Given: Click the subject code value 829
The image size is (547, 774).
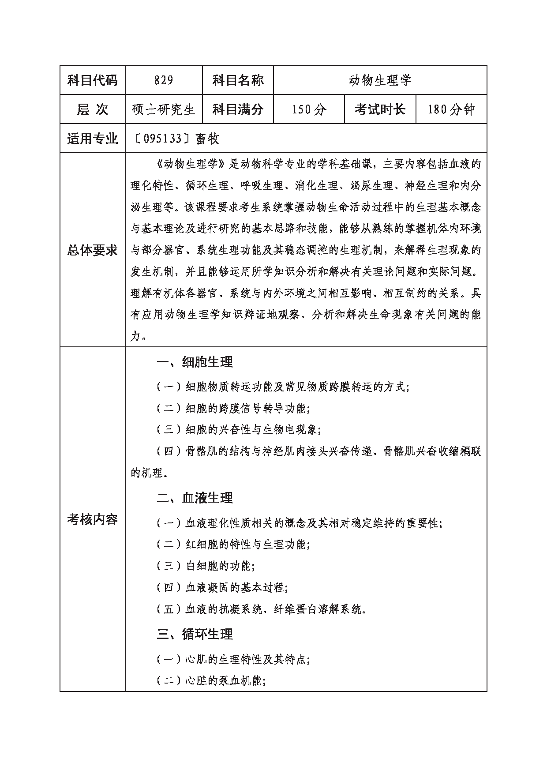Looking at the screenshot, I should (x=164, y=80).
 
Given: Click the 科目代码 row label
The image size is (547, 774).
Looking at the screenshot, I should (x=93, y=80).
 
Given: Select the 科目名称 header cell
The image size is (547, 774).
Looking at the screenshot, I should (x=238, y=80).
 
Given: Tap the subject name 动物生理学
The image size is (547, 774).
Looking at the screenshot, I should (x=380, y=80).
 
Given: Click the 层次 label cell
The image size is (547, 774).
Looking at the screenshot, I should (x=93, y=109).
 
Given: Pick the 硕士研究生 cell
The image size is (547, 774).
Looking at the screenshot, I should (x=164, y=109).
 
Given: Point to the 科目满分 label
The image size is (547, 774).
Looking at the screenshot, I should (x=238, y=109).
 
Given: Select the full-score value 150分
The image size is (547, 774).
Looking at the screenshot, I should (x=309, y=109).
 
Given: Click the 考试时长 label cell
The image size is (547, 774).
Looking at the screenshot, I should (x=380, y=109).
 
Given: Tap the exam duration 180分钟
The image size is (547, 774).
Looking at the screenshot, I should (x=451, y=109).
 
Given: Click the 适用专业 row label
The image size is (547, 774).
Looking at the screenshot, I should (x=93, y=139).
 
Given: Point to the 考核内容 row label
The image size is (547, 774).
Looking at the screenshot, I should (x=93, y=519).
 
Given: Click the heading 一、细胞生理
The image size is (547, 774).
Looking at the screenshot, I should (x=195, y=362).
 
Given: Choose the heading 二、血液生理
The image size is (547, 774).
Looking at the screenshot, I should (x=195, y=498).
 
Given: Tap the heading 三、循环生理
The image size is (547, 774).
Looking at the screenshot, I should (x=195, y=635).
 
